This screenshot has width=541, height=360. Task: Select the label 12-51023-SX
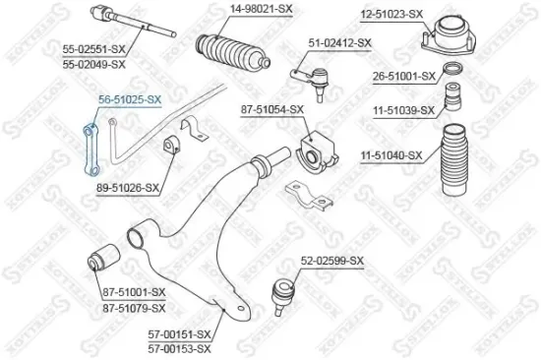pyautogui.click(x=391, y=14)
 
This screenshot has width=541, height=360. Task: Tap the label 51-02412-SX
pyautogui.click(x=339, y=42)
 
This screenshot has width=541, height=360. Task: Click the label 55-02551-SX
pyautogui.click(x=93, y=47)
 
